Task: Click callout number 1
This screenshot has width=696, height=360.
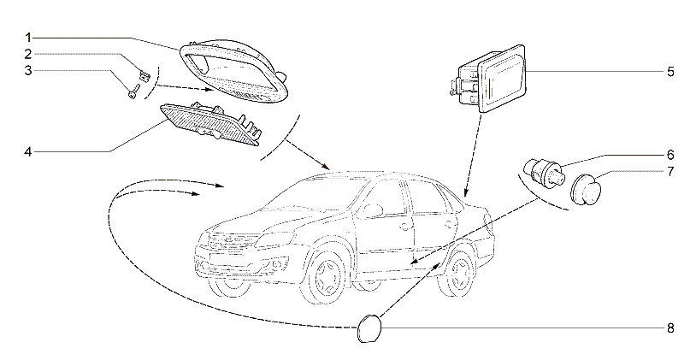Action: [x=28, y=38]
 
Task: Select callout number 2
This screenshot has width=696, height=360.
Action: [x=28, y=54]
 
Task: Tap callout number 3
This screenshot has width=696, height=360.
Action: [x=28, y=71]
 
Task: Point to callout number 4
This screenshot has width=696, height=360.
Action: [x=28, y=152]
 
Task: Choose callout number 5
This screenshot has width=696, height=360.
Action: [x=670, y=72]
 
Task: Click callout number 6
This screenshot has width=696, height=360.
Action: [x=670, y=155]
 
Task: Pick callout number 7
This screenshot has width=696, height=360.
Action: [x=670, y=171]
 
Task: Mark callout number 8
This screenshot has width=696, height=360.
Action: [x=670, y=328]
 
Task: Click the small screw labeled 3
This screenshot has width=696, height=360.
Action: [x=134, y=91]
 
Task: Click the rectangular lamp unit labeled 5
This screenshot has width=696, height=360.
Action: [x=489, y=78]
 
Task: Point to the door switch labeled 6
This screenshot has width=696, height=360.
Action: [x=543, y=174]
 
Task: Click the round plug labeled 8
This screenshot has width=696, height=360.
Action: [x=369, y=328]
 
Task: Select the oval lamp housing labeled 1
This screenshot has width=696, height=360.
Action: [x=234, y=70]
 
